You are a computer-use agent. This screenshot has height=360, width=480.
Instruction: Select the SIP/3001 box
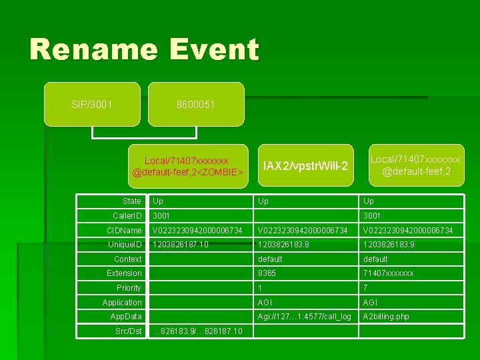tap(92, 105)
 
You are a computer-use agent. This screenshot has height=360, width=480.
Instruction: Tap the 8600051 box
tap(196, 105)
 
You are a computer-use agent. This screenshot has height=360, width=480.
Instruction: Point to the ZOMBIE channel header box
tap(187, 167)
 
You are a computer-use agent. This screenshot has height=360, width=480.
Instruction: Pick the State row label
tap(132, 201)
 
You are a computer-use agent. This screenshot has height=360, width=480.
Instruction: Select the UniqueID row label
tap(127, 245)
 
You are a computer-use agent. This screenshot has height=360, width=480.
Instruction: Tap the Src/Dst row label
tap(128, 331)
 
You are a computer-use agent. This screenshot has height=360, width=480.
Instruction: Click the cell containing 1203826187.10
tap(181, 245)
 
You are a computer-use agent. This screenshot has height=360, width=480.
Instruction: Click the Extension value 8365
tap(267, 273)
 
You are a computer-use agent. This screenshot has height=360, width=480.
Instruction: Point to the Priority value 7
tap(366, 288)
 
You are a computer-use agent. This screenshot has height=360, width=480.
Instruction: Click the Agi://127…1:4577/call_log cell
tap(305, 317)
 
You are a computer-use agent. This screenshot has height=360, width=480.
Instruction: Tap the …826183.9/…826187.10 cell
tap(197, 331)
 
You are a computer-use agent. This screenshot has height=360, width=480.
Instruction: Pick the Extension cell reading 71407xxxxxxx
tap(388, 273)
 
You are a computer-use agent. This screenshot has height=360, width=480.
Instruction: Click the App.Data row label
tap(126, 317)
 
